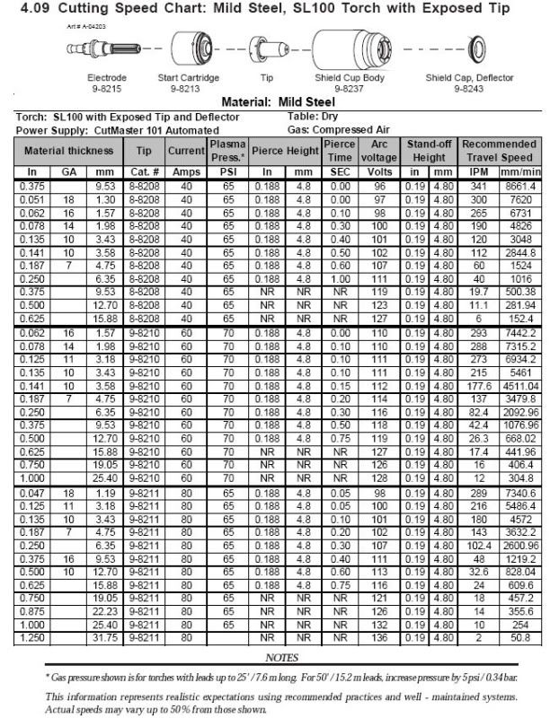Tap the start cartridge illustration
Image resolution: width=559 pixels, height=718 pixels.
(x=189, y=48)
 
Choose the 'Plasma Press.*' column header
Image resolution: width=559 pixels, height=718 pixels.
(x=228, y=150)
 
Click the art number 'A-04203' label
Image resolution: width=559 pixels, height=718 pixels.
(x=87, y=27)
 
